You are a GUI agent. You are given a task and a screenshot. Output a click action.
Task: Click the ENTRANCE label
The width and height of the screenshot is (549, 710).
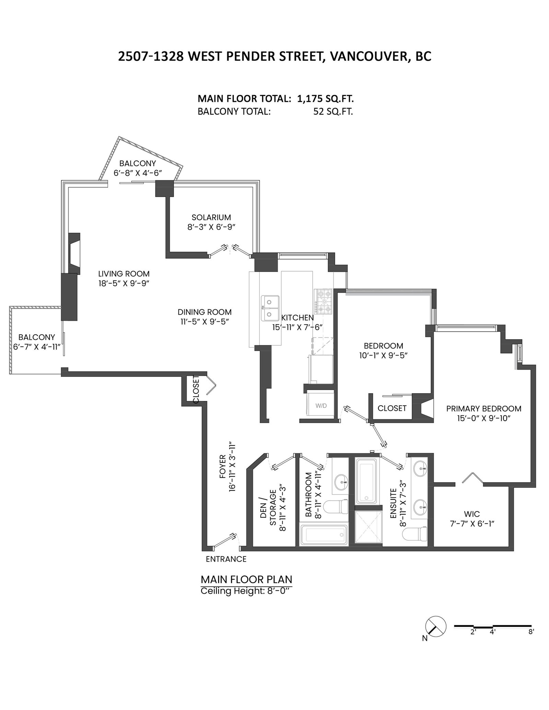pos(226,559)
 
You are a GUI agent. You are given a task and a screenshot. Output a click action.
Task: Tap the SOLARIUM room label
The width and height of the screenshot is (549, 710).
pos(211,217)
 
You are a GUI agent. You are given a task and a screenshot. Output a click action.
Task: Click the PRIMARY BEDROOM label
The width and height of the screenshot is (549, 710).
pos(484,409)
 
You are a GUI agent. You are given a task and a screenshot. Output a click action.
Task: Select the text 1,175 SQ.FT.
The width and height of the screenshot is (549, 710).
pos(325,99)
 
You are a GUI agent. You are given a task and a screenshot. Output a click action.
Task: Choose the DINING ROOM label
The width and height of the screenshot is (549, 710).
pos(205,312)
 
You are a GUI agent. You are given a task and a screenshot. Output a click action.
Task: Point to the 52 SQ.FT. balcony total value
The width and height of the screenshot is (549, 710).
pos(333,112)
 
